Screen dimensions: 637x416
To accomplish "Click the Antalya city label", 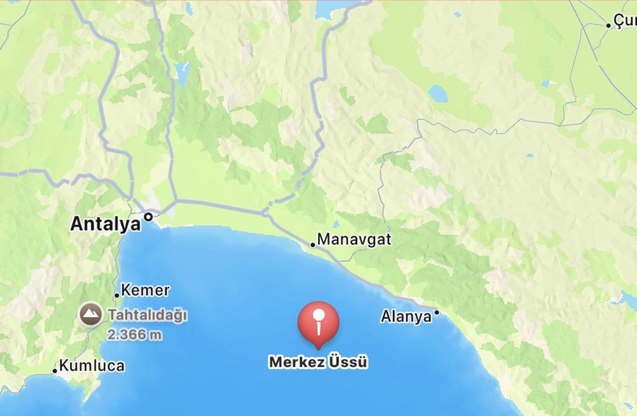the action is click(106, 224).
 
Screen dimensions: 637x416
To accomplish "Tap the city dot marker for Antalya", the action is click(149, 217).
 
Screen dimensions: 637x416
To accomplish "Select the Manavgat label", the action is click(354, 239).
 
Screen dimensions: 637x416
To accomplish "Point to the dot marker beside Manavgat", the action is click(313, 245).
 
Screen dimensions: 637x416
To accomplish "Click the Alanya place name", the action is click(406, 317).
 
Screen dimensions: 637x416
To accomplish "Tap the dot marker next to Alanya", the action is click(437, 312).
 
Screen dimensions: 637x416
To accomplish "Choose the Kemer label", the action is click(145, 291).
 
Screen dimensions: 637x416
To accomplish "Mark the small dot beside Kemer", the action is click(117, 295).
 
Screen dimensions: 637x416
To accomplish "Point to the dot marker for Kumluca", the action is click(55, 371).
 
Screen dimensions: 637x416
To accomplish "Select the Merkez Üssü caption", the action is click(318, 362).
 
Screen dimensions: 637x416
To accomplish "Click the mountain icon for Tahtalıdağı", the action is click(90, 315).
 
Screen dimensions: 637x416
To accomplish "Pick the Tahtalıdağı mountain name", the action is click(147, 315).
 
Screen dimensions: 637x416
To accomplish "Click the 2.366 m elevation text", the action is click(135, 334).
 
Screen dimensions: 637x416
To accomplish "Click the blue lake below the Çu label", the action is click(438, 93).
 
